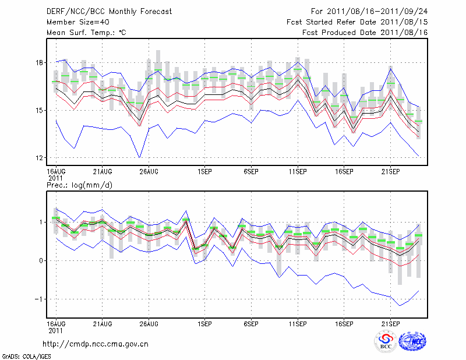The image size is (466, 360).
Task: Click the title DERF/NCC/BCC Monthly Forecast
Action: click(109, 12)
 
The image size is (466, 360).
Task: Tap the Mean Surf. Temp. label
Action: click(86, 33)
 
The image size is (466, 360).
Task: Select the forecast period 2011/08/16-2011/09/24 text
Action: click(369, 12)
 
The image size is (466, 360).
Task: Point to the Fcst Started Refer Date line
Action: click(357, 22)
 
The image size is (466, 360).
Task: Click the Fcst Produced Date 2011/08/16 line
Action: click(365, 33)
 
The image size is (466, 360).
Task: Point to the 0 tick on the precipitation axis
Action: click(41, 260)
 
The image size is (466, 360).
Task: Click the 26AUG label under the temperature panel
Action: click(149, 171)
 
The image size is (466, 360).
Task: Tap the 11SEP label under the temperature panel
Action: click(298, 171)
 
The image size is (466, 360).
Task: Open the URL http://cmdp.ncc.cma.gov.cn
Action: click(96, 344)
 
